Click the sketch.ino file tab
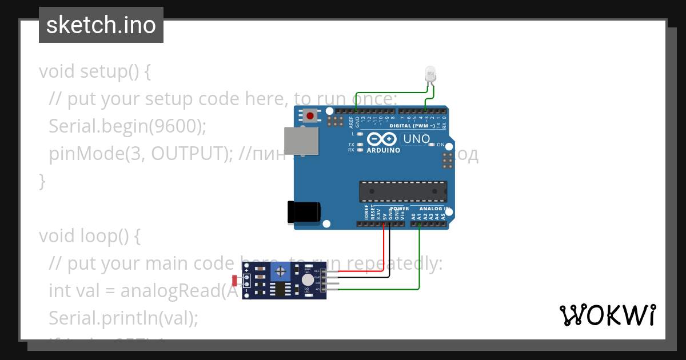(101, 25)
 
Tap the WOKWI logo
(607, 315)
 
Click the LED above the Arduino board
(430, 74)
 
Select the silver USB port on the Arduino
(301, 141)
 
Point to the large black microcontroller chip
(403, 191)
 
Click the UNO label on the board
(416, 139)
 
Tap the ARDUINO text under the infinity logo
(382, 150)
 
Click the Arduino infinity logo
(382, 139)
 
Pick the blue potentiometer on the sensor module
(281, 271)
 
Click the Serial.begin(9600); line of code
(127, 126)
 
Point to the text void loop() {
(89, 235)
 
